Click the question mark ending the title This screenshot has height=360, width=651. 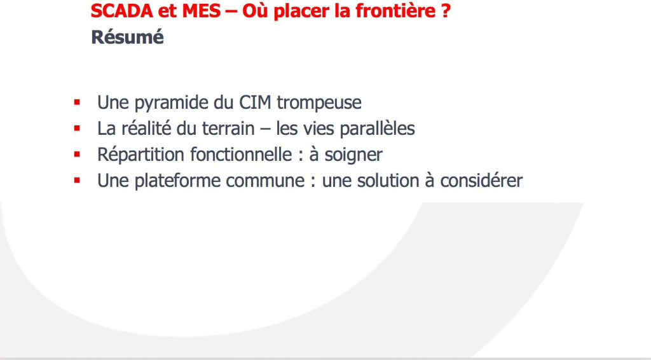pyautogui.click(x=446, y=11)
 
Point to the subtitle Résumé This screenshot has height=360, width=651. pyautogui.click(x=127, y=37)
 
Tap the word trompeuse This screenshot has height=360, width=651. pyautogui.click(x=319, y=103)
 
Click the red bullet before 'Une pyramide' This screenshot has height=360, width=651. pyautogui.click(x=77, y=102)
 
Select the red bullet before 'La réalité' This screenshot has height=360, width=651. pyautogui.click(x=77, y=128)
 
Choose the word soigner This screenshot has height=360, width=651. pyautogui.click(x=353, y=155)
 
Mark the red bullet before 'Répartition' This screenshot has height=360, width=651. pyautogui.click(x=77, y=154)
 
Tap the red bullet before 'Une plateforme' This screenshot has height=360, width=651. pyautogui.click(x=77, y=180)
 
